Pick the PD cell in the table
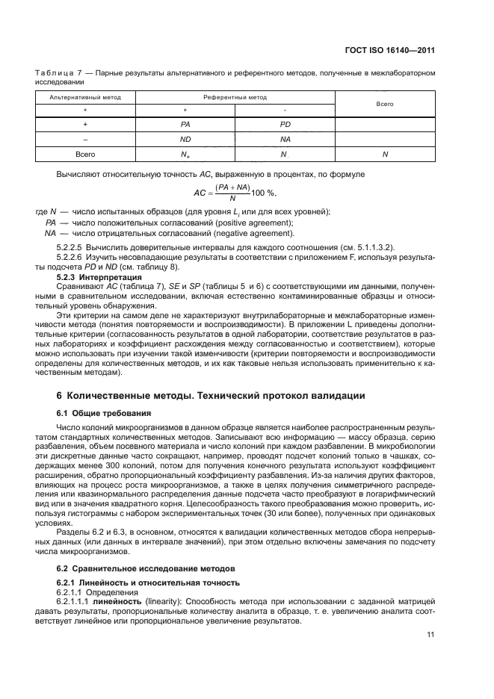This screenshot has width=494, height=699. pos(285,124)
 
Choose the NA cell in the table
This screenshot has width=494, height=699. pos(285,139)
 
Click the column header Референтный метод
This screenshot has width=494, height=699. pos(235,97)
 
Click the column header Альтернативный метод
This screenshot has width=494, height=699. pos(86,97)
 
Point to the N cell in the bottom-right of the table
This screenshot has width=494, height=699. pos(385,154)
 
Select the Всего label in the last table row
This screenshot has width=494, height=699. pos(86,154)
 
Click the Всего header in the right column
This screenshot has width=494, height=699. pos(385,104)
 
